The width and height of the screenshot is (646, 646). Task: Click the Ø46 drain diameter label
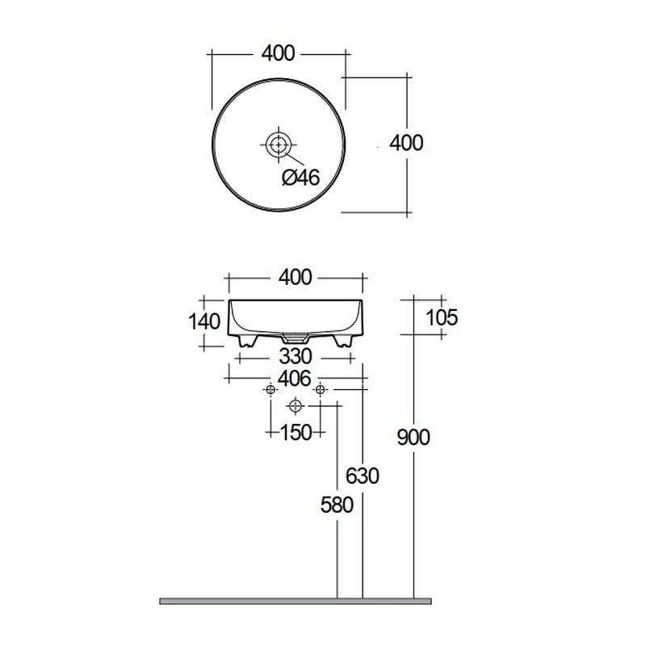(x=300, y=177)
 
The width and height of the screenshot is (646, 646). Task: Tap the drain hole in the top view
(x=279, y=145)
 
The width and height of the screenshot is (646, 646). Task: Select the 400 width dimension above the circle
(x=279, y=53)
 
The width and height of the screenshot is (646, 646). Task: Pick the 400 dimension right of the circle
(x=406, y=143)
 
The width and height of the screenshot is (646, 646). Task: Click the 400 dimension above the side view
(x=295, y=277)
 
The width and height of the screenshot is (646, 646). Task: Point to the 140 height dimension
(x=204, y=321)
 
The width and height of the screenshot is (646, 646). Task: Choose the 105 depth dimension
(x=441, y=317)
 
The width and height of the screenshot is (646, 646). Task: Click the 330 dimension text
(x=296, y=356)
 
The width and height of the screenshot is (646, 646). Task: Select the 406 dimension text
(x=295, y=378)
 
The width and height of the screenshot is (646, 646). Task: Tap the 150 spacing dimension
(x=296, y=432)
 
